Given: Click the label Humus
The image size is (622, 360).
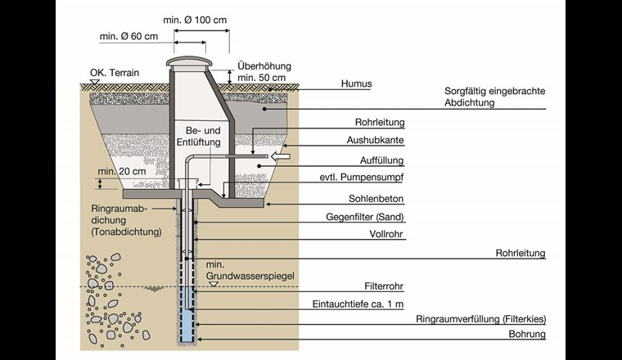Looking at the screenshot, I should coord(356,83).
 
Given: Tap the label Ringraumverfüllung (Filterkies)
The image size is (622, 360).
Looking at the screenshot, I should coord(480,319).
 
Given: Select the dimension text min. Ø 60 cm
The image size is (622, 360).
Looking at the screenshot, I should coord(128,37).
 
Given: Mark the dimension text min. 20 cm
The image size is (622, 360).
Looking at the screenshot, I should coord(121,172).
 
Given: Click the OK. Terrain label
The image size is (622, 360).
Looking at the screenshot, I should coord(115,73).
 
